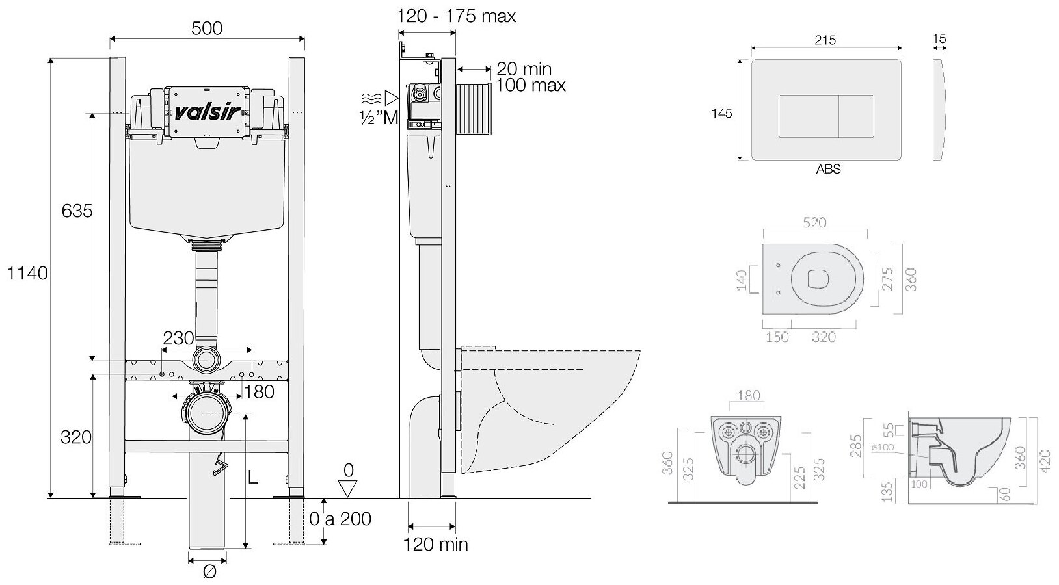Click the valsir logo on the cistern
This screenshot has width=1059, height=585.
click(207, 111)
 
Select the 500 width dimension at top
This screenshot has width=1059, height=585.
click(207, 28)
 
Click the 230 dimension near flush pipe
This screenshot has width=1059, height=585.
click(178, 338)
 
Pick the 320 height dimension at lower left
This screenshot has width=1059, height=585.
click(76, 437)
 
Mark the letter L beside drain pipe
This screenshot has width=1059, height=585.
click(253, 477)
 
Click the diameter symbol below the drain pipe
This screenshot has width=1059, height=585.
click(209, 573)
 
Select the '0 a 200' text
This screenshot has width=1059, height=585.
click(340, 519)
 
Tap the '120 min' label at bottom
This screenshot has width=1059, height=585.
click(436, 545)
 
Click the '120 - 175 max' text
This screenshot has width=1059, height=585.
click(457, 16)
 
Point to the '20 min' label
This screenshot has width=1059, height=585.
click(524, 68)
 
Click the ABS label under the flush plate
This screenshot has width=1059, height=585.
click(828, 169)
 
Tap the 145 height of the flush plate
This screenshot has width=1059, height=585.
click(721, 113)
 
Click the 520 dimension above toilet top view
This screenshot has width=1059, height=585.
click(814, 222)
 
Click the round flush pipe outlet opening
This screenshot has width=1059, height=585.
click(207, 359)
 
